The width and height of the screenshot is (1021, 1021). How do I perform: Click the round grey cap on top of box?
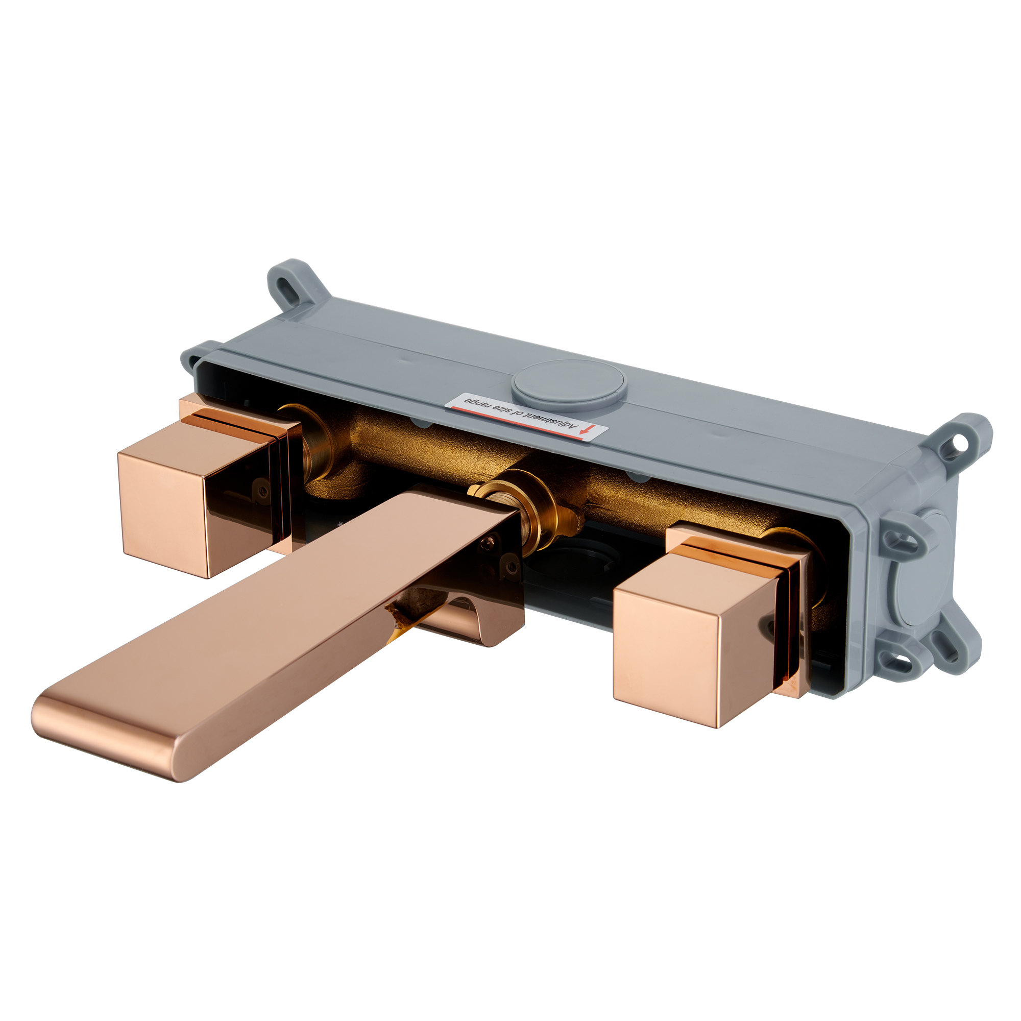[569, 381]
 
